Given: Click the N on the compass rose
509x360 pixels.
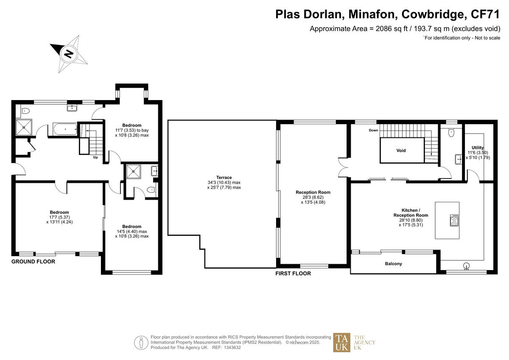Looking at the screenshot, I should pyautogui.click(x=68, y=54).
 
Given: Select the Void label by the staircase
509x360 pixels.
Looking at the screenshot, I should pyautogui.click(x=401, y=151).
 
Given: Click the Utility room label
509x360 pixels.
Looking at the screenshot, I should pyautogui.click(x=478, y=148).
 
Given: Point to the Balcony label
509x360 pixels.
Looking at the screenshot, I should pyautogui.click(x=393, y=264).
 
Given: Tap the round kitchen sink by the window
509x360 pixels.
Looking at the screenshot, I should pyautogui.click(x=467, y=266).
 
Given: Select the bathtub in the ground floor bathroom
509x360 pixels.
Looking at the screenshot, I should pyautogui.click(x=64, y=129).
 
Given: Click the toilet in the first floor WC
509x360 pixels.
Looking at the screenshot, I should pyautogui.click(x=451, y=132).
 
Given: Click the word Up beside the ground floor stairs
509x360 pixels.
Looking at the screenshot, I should pyautogui.click(x=96, y=157).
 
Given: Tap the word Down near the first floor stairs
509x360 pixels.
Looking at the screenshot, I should pyautogui.click(x=373, y=130).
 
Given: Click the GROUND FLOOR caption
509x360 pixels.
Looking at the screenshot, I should pyautogui.click(x=33, y=262).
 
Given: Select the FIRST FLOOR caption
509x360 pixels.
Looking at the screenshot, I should pyautogui.click(x=293, y=273).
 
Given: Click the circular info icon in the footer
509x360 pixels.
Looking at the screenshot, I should pyautogui.click(x=140, y=342).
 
